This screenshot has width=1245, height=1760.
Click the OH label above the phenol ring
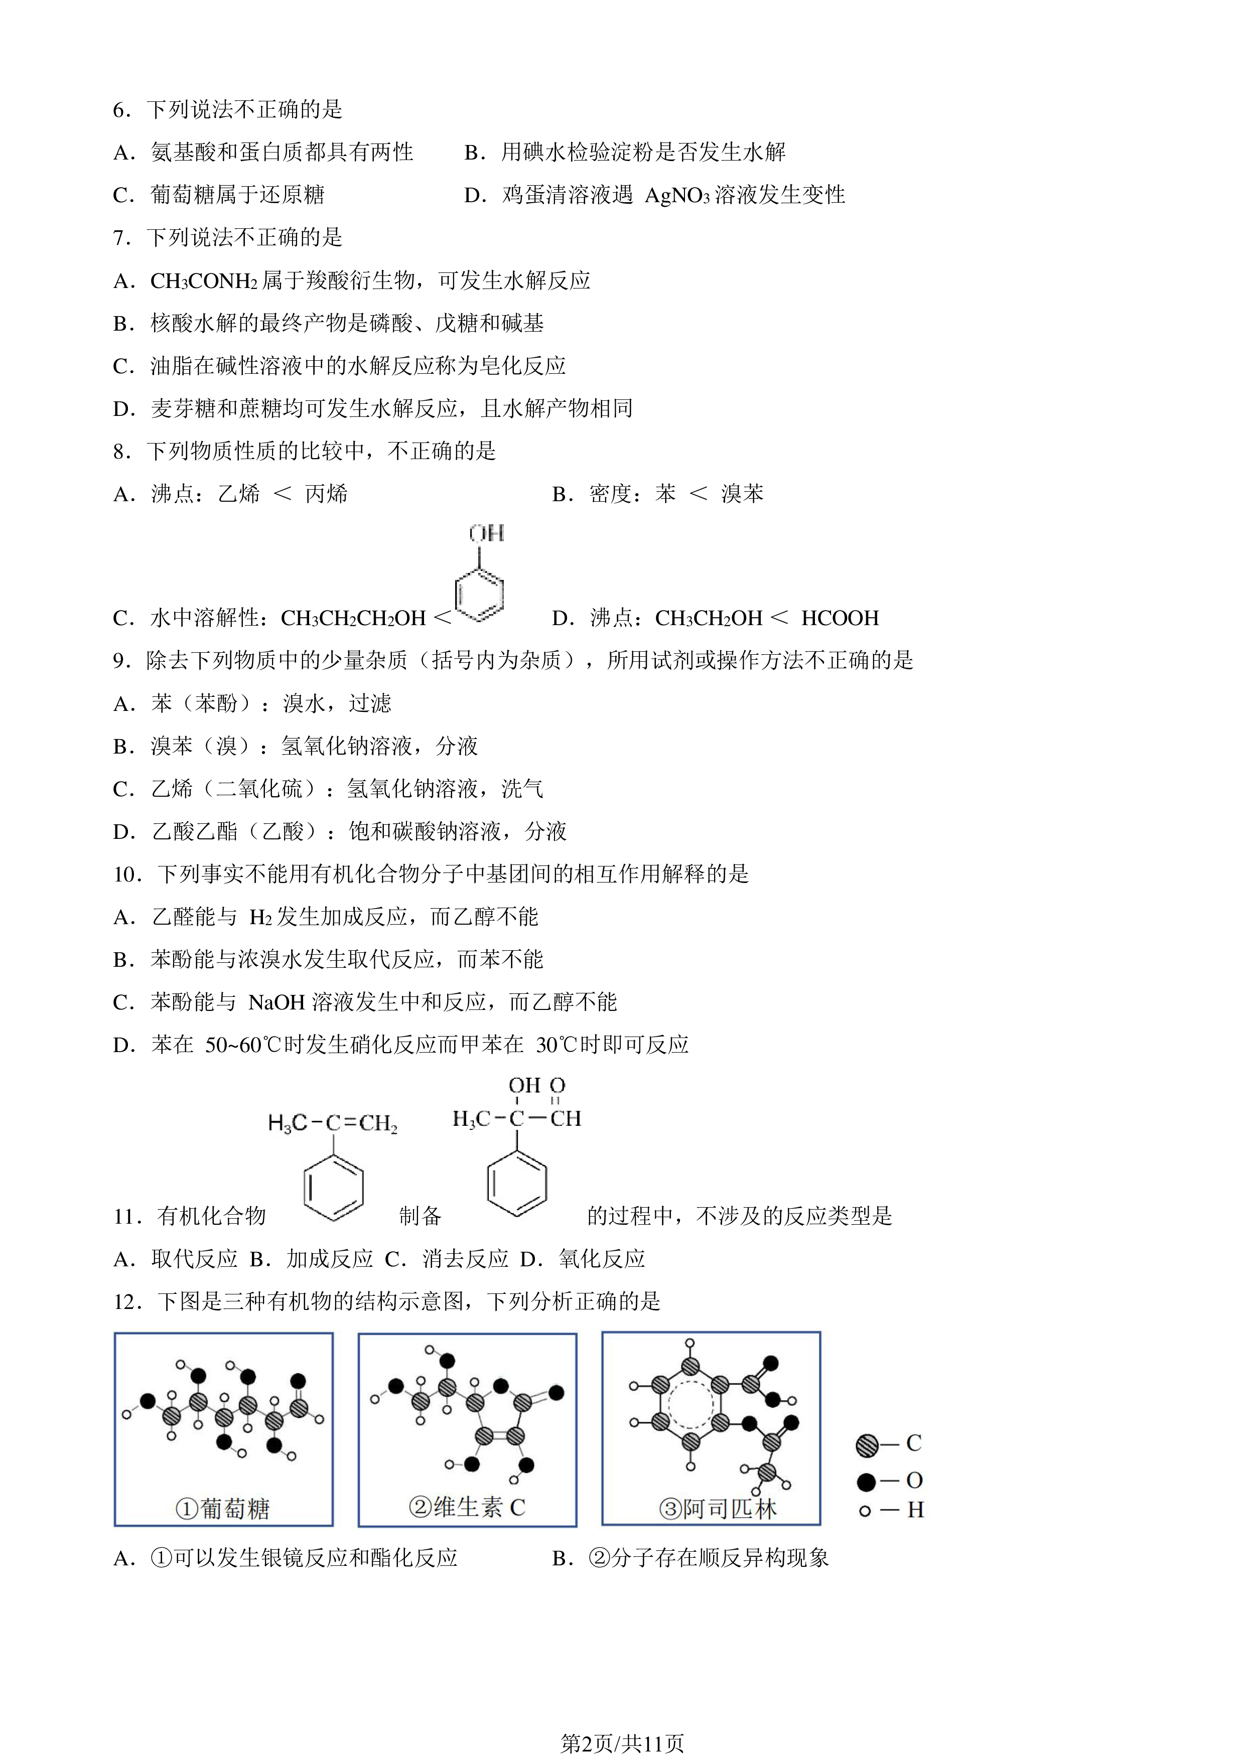click(486, 533)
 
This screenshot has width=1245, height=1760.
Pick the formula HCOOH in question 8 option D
click(840, 618)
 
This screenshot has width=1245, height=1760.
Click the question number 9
click(121, 661)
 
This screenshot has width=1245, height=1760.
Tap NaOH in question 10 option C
click(277, 1002)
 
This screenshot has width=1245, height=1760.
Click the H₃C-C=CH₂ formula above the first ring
click(333, 1124)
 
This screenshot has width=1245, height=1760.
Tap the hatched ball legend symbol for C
click(867, 1446)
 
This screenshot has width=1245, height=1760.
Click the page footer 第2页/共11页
click(622, 1744)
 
